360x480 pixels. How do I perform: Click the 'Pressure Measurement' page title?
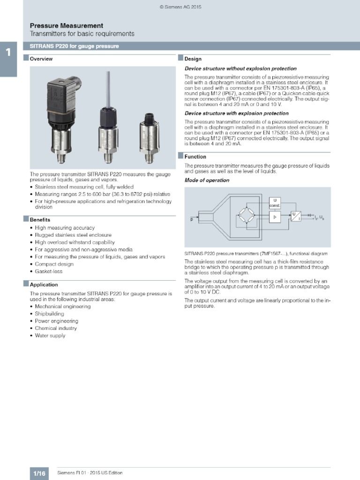67,26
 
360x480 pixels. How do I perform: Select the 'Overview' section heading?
41,59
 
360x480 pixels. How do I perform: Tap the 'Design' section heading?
193,59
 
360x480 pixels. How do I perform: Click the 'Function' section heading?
195,157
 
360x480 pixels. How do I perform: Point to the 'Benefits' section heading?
40,219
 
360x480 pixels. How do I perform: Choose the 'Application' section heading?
44,285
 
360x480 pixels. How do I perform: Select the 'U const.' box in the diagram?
274,202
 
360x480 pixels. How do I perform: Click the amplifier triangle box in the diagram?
275,217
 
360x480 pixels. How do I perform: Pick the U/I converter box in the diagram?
295,216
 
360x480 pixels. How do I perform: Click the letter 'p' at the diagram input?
191,219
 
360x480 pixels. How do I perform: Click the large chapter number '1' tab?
8,53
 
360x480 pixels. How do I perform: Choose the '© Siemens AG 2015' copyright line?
180,7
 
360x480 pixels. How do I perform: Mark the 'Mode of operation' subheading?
207,180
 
